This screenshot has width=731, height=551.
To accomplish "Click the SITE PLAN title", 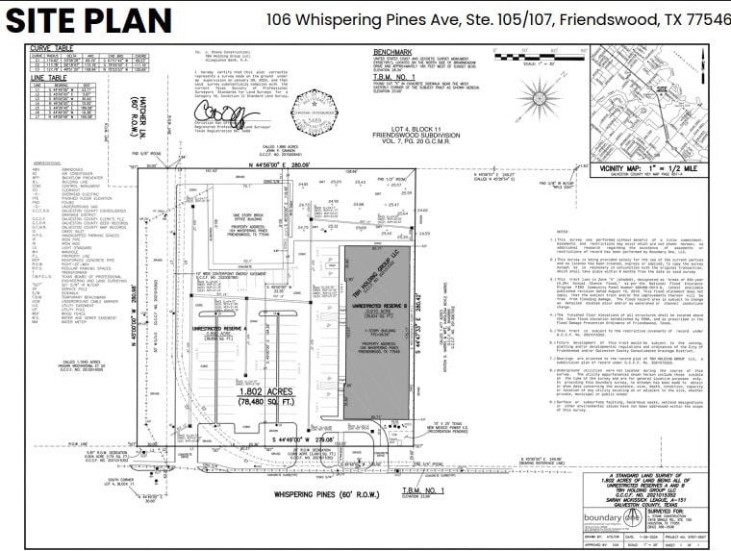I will point(89,20).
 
